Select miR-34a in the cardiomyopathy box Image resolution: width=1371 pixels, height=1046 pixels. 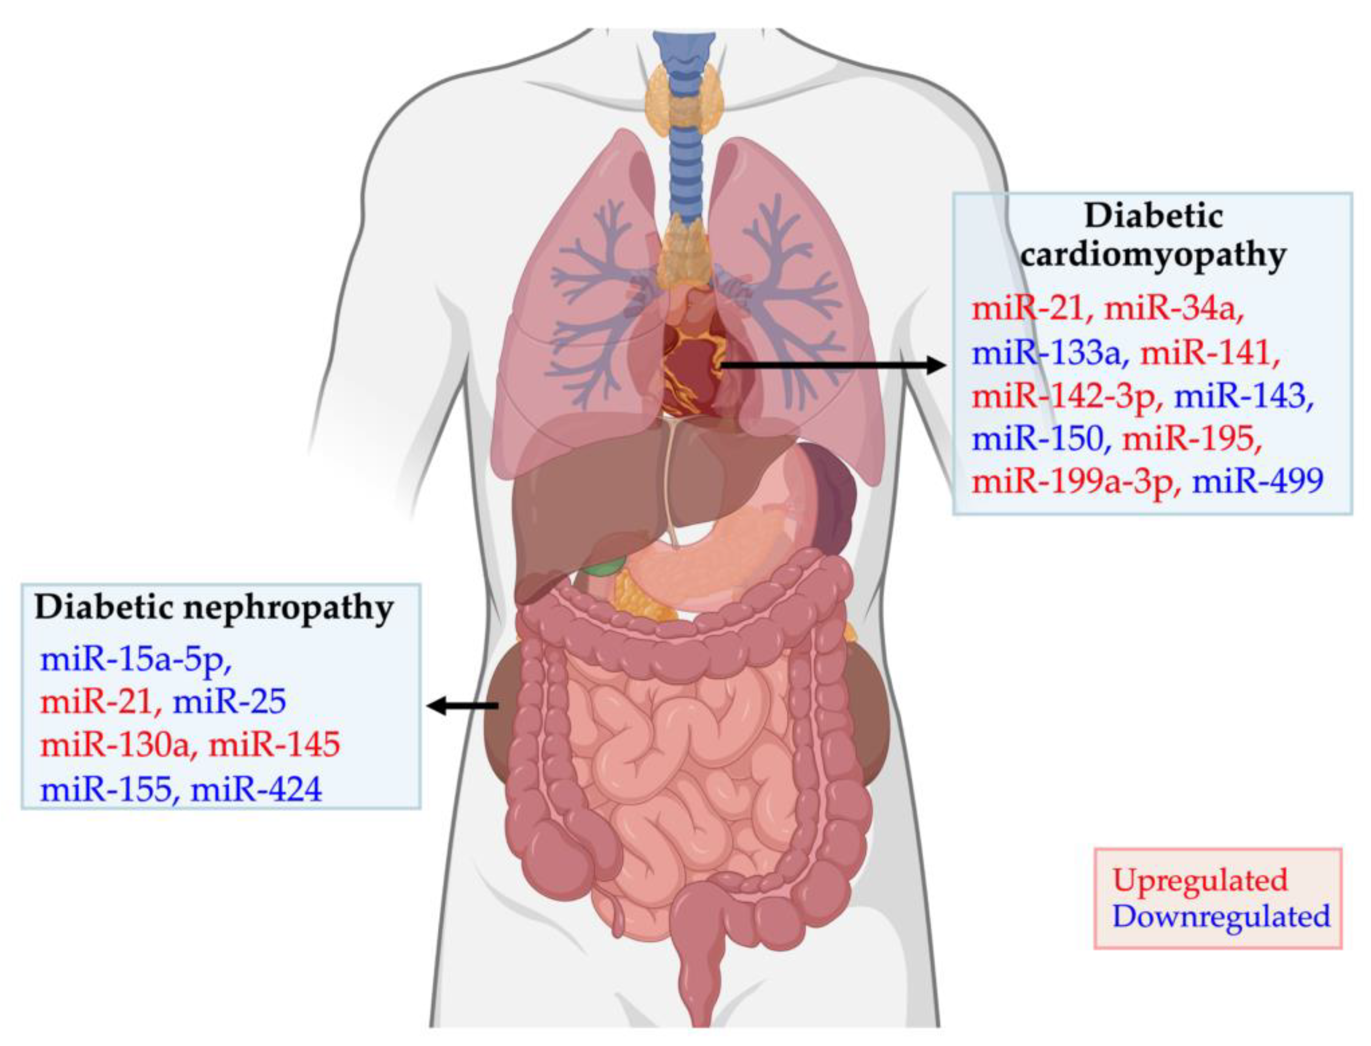[1174, 308]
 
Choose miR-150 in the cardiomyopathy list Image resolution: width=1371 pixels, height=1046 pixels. [1037, 438]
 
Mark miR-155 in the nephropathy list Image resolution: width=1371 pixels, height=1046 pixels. [106, 789]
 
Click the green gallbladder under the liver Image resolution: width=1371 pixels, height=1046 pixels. [604, 565]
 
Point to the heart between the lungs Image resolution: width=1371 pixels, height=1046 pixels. [691, 361]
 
